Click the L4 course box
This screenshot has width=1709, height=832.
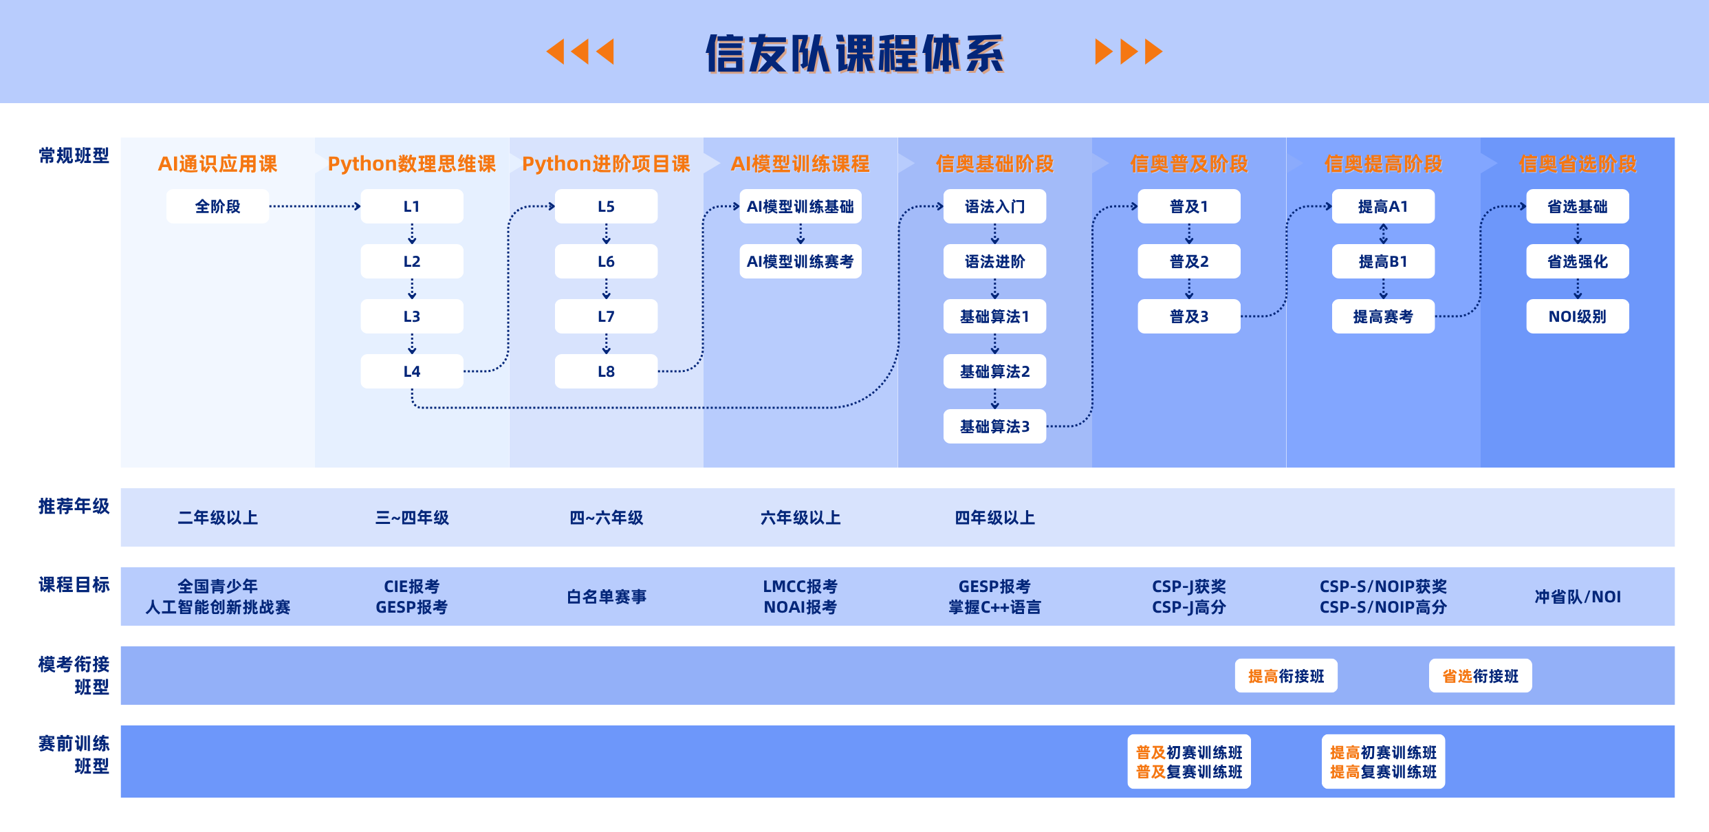click(x=411, y=371)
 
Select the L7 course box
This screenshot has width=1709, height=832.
click(x=606, y=316)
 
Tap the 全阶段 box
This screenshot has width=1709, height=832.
click(x=217, y=206)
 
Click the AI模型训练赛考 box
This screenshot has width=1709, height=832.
click(x=800, y=261)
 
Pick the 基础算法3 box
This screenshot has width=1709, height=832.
click(x=994, y=426)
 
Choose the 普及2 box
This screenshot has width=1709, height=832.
click(x=1188, y=261)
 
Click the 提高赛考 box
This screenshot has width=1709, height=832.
click(x=1383, y=316)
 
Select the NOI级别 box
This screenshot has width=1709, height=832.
click(x=1577, y=316)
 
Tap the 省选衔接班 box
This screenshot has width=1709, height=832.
click(x=1480, y=676)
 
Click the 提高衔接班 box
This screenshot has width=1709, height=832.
click(x=1286, y=676)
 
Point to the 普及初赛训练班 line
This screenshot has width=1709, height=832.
click(x=1189, y=752)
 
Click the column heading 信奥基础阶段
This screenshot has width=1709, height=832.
click(x=994, y=164)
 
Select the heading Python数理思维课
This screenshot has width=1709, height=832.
click(x=411, y=164)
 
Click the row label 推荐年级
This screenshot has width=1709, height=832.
click(x=74, y=506)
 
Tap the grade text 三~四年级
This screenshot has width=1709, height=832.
click(x=411, y=517)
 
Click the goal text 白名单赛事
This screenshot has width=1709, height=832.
click(x=606, y=596)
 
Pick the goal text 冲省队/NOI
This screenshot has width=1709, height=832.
click(x=1577, y=596)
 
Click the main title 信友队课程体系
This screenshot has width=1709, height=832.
click(x=854, y=53)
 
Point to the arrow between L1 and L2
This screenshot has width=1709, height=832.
click(x=412, y=234)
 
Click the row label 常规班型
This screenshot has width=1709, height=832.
click(x=74, y=155)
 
